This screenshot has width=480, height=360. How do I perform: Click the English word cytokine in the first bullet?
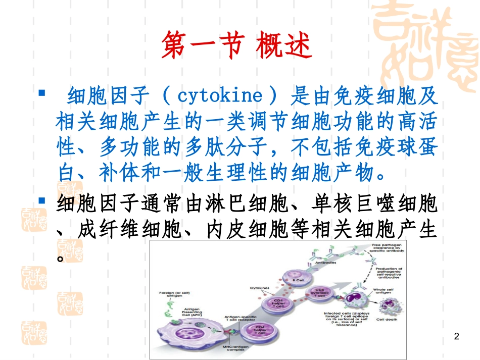click(220, 95)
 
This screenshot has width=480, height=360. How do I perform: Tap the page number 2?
click(457, 336)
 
